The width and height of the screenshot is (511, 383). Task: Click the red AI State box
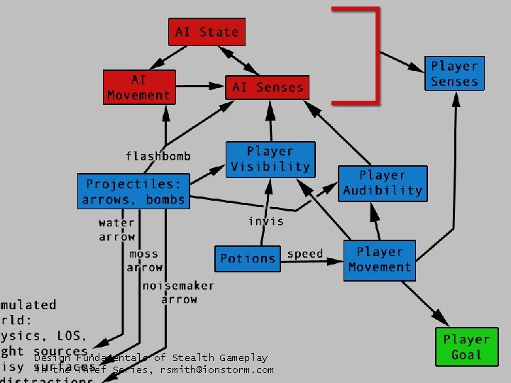(207, 32)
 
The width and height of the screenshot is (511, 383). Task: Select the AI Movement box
(139, 87)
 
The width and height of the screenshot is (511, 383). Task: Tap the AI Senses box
(268, 87)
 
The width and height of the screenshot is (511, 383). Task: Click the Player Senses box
(454, 74)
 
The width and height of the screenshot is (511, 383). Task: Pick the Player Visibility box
(270, 160)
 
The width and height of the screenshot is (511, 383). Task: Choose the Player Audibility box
(383, 183)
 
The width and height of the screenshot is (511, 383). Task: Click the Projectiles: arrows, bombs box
(133, 191)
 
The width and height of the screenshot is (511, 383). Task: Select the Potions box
(248, 258)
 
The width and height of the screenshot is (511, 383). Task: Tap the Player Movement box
(380, 260)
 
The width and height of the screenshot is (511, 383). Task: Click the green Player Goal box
(467, 347)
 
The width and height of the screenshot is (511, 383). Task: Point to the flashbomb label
(158, 156)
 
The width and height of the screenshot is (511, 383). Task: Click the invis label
(266, 221)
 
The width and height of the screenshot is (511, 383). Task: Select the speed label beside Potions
(305, 254)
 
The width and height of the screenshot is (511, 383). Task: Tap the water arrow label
(116, 230)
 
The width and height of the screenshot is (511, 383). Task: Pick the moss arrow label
(144, 260)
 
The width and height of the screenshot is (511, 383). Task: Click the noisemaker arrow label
(178, 293)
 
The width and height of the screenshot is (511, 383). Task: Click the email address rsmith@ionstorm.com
(216, 370)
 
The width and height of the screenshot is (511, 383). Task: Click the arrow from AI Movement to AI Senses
(199, 87)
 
